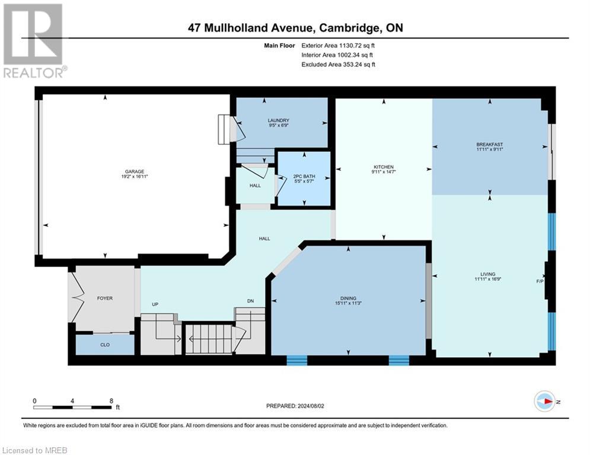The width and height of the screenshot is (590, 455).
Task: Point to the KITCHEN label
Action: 384,166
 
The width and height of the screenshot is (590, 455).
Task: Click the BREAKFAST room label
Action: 489,144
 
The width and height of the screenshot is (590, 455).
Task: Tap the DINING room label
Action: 347,298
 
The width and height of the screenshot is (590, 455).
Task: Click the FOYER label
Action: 104,298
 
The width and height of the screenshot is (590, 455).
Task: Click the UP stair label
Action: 155,304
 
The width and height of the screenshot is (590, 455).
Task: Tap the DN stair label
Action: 250,301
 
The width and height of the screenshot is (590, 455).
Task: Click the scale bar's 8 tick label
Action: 111,400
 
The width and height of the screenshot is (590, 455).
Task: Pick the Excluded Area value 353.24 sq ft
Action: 354,65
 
